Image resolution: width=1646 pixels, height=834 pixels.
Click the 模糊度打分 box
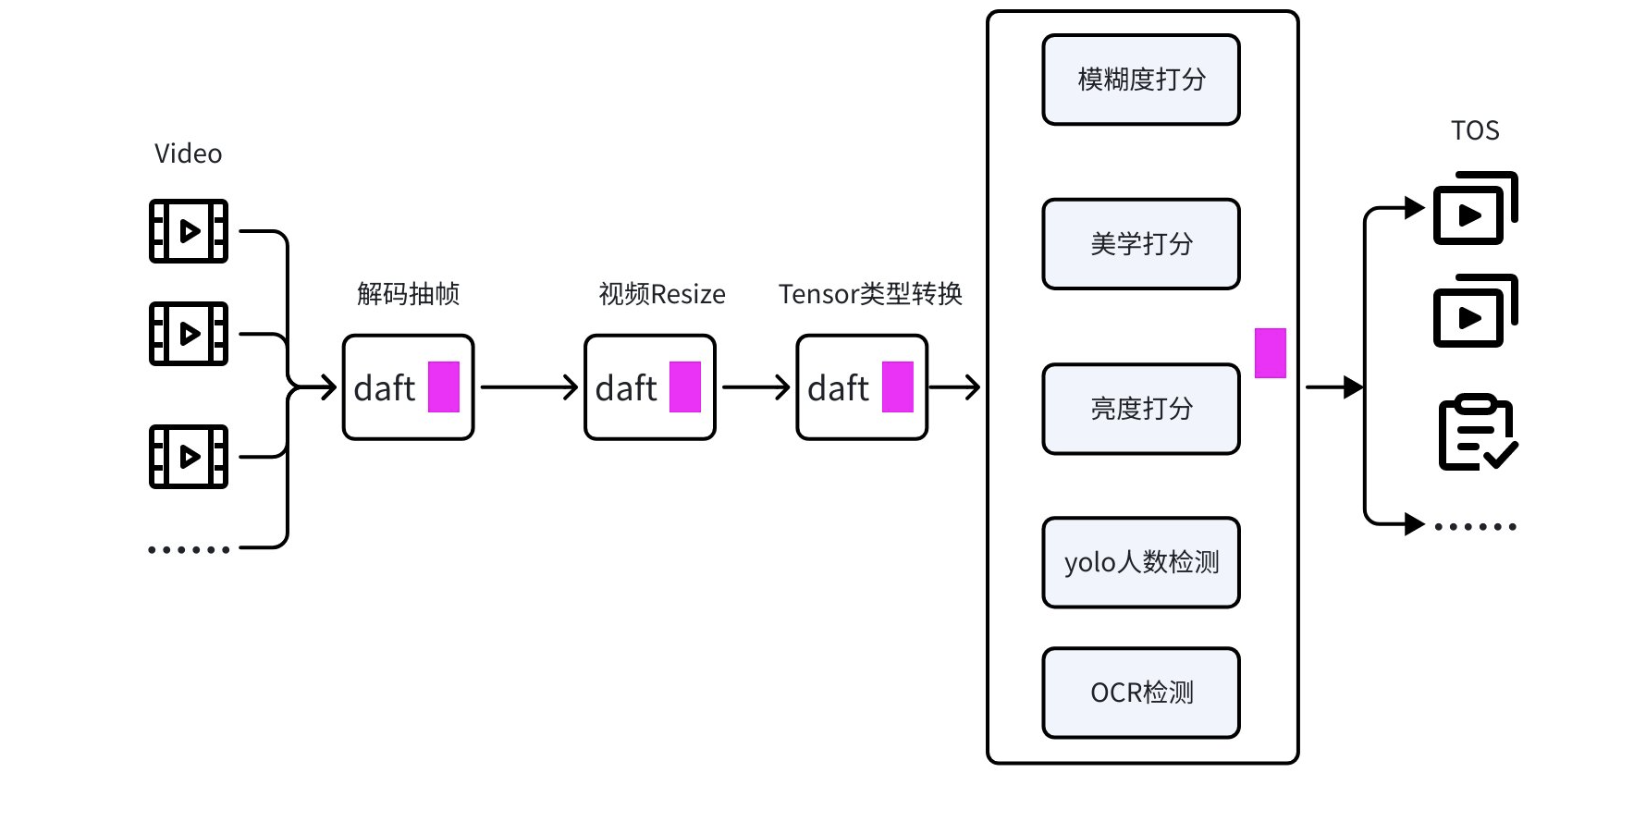tap(1140, 80)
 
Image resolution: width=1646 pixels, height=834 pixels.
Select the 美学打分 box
tap(1140, 244)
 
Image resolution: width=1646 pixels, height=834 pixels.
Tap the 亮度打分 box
tap(1140, 409)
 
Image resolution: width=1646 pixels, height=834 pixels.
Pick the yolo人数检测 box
tap(1140, 562)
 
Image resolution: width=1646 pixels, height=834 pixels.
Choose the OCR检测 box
tap(1140, 693)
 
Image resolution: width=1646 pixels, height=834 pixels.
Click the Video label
tap(188, 153)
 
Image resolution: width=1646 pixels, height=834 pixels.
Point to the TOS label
tap(1474, 130)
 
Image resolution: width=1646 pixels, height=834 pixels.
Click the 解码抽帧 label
tap(408, 294)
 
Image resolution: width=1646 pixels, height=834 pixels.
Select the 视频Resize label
tap(661, 294)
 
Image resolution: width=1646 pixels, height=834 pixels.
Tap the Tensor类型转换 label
tap(870, 294)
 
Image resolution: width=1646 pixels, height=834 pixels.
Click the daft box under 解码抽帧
tap(408, 387)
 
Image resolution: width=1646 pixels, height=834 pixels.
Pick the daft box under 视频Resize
tap(649, 387)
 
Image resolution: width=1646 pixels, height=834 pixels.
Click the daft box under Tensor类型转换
tap(862, 387)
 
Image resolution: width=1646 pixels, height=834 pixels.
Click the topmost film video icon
tap(189, 231)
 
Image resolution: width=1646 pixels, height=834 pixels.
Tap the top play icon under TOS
tap(1475, 209)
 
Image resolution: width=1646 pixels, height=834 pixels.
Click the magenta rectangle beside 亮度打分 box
tap(1270, 353)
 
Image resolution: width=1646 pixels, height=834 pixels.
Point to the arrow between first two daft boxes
tap(529, 387)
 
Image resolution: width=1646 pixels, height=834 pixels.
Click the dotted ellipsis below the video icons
tap(189, 549)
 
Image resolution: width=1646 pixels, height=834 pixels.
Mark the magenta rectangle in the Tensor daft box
tap(897, 386)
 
